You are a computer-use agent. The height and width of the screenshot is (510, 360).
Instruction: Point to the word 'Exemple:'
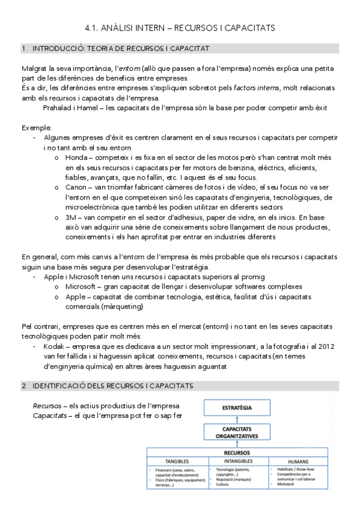click(37, 128)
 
